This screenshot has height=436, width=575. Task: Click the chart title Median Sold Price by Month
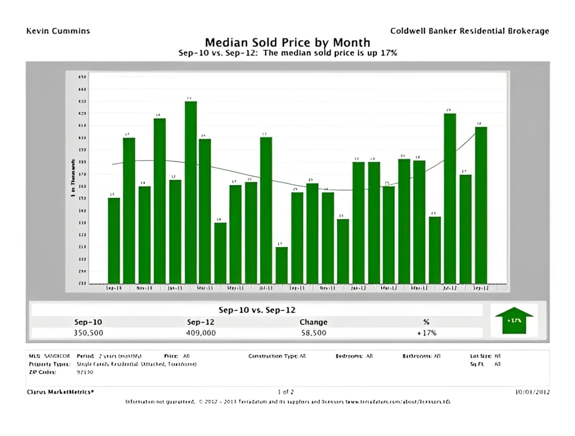(287, 42)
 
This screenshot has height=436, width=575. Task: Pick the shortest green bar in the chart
(282, 265)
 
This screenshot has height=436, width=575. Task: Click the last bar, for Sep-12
(481, 205)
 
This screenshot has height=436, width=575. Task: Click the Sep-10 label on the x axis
(114, 288)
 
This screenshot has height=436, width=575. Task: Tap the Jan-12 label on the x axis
(358, 288)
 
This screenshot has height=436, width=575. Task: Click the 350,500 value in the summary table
(88, 333)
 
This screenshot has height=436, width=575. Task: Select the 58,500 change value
(313, 333)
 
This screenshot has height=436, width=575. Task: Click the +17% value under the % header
(426, 333)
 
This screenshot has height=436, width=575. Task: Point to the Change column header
(313, 322)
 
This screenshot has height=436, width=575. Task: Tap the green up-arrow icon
(514, 320)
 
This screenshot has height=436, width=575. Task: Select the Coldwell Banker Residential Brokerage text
(469, 31)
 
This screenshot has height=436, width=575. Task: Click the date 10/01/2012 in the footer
(533, 392)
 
